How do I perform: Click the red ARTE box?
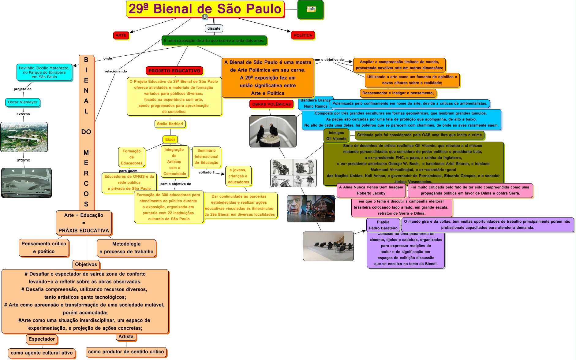121,35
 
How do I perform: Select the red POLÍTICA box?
303,35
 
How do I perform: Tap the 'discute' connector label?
214,28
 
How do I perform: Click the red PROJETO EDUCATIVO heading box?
174,71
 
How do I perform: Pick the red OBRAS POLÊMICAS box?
271,104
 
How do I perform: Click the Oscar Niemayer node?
23,102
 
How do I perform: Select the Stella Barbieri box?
170,124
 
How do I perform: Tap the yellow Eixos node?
170,139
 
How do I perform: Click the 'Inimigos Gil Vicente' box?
336,135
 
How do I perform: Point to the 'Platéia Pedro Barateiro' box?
383,225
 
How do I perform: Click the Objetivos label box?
86,265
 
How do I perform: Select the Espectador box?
42,339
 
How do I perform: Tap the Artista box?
126,337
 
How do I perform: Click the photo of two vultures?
273,131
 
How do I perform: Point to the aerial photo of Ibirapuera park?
24,137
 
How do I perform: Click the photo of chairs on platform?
328,246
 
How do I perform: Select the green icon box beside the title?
310,9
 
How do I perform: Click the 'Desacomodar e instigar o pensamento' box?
398,93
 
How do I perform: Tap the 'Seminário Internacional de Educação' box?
206,157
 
